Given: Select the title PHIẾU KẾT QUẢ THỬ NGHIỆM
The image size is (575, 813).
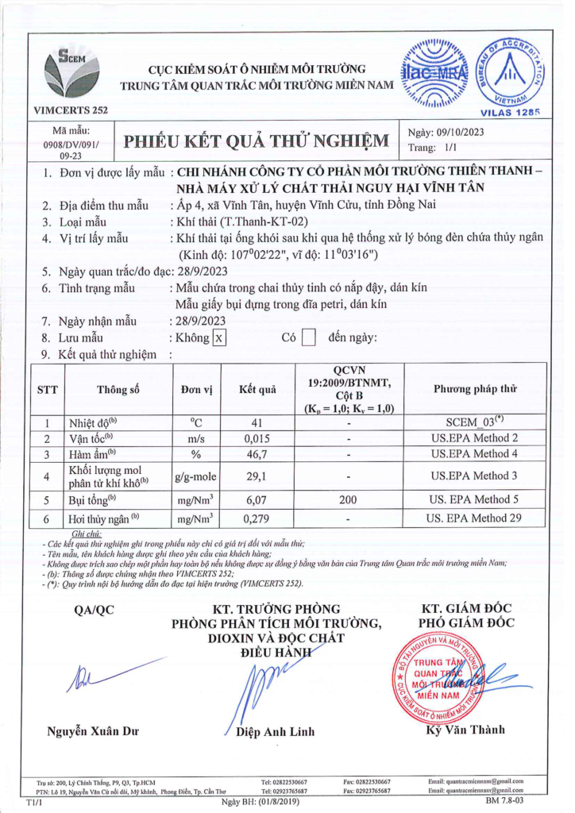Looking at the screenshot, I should click(257, 141).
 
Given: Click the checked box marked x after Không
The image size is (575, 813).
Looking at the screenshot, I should click(220, 337).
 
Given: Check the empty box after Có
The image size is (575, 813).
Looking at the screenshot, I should click(310, 337).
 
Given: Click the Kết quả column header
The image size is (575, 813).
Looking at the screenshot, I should click(257, 389).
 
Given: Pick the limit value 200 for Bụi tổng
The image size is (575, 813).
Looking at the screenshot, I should click(349, 500).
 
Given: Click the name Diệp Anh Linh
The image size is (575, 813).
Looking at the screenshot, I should click(275, 731).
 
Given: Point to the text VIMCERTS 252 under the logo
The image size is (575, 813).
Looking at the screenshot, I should click(71, 110).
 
